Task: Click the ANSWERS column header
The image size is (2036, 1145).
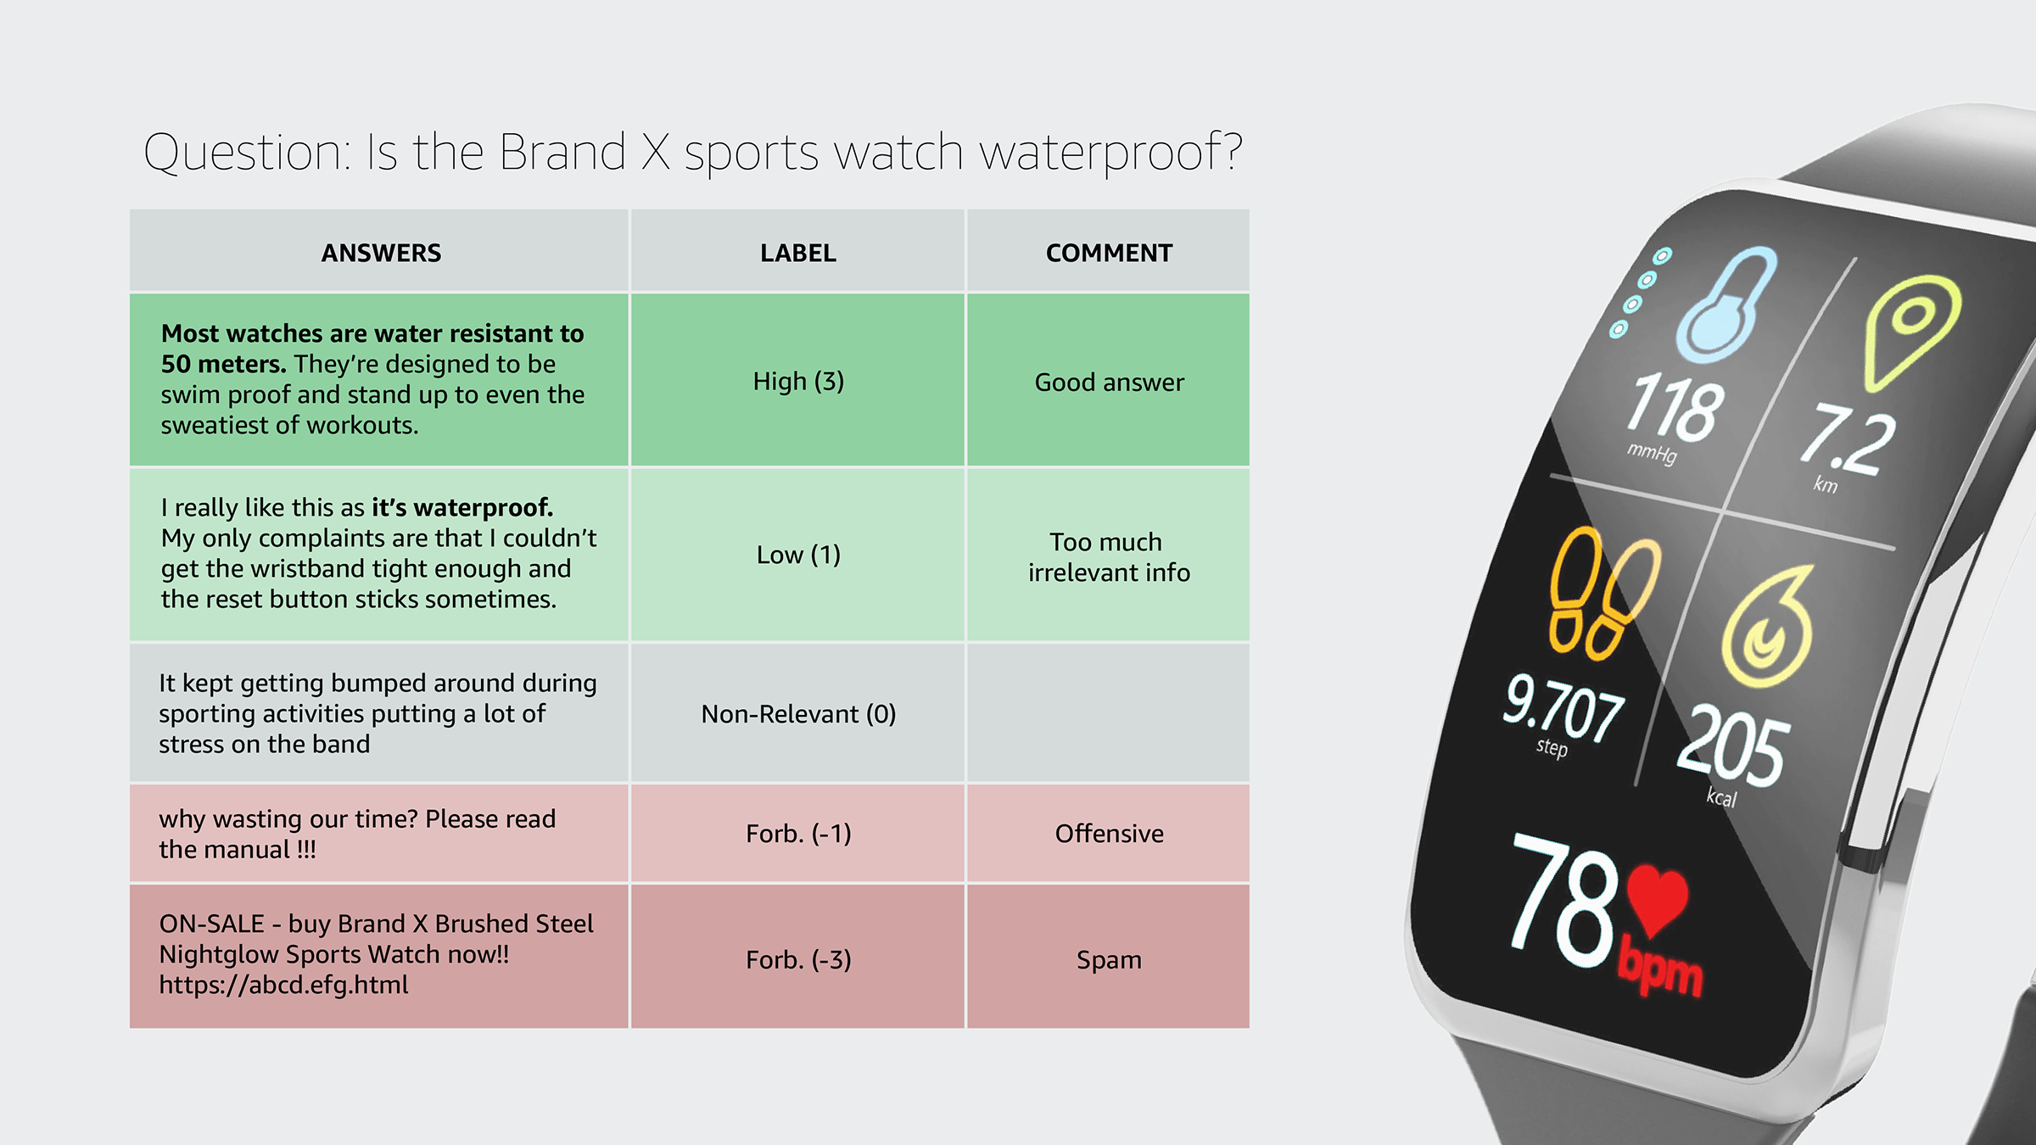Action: click(x=381, y=253)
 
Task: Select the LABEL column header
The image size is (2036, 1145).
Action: click(x=797, y=253)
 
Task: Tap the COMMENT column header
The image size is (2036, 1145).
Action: click(x=1109, y=253)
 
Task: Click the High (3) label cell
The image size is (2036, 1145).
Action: click(x=798, y=382)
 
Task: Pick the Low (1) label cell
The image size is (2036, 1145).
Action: click(x=798, y=555)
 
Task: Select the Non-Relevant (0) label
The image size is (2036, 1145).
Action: click(x=798, y=714)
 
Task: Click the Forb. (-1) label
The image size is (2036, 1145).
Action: click(x=798, y=834)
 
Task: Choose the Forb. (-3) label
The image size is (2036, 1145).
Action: click(x=798, y=959)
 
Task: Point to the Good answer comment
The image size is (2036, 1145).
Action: click(x=1109, y=383)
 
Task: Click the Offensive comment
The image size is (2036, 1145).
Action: click(x=1109, y=834)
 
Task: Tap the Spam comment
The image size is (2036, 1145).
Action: click(x=1109, y=960)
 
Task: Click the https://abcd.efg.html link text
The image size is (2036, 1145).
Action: click(x=283, y=985)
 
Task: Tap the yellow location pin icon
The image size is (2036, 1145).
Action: click(x=1912, y=332)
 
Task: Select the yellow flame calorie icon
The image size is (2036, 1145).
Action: click(x=1768, y=627)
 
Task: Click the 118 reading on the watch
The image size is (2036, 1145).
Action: click(x=1675, y=409)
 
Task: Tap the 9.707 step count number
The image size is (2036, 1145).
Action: click(x=1563, y=707)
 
